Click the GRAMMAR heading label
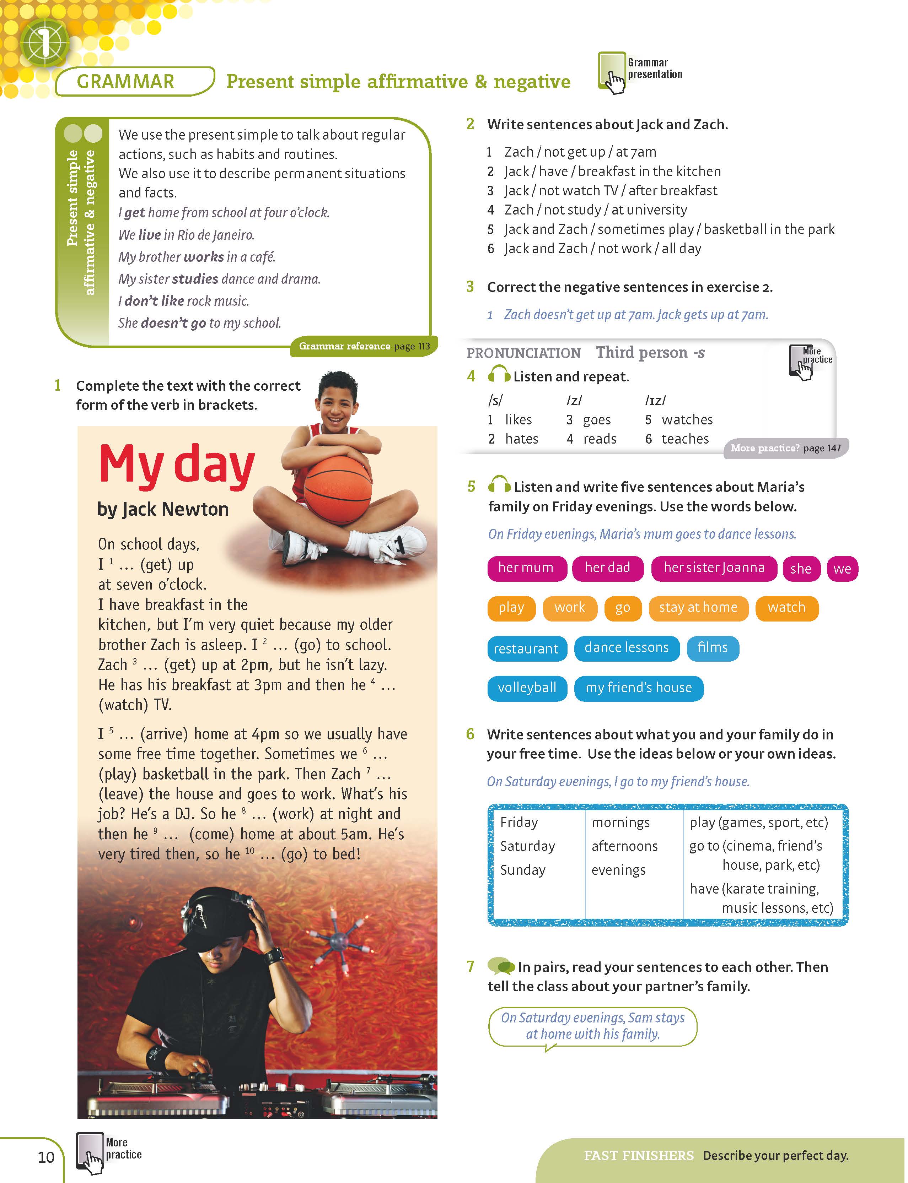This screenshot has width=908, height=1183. click(x=125, y=82)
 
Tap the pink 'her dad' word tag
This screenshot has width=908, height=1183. click(x=607, y=568)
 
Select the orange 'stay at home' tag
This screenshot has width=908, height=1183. click(x=698, y=608)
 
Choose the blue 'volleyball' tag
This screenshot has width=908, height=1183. click(x=527, y=688)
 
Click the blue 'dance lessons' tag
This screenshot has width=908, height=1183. click(x=627, y=648)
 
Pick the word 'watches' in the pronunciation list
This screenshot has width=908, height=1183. click(x=687, y=420)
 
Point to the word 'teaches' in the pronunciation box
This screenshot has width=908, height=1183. click(x=685, y=439)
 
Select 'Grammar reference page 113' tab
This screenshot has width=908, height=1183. click(x=364, y=346)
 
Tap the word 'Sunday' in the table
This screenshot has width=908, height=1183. click(x=523, y=870)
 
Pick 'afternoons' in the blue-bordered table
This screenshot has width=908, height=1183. click(x=624, y=846)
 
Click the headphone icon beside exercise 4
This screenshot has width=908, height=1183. click(x=498, y=374)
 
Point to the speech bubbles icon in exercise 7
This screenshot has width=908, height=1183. click(x=500, y=965)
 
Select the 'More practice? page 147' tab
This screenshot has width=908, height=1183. click(x=785, y=448)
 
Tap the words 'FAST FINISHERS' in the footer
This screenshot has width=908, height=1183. click(x=638, y=1155)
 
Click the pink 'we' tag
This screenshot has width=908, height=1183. click(x=842, y=569)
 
